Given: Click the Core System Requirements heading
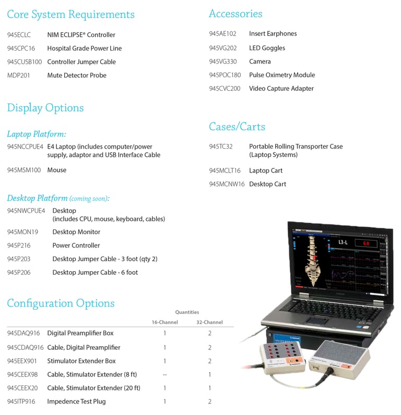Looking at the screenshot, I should click(70, 15).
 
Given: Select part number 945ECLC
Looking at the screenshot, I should click(19, 35).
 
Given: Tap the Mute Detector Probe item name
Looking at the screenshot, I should click(77, 76).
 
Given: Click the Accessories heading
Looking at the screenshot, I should click(235, 14).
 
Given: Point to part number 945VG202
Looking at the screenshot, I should click(223, 48).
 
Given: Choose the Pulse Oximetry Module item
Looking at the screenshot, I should click(282, 75).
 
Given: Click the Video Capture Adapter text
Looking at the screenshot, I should click(281, 89).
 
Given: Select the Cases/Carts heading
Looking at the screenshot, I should click(237, 127).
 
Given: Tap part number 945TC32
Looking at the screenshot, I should click(221, 147).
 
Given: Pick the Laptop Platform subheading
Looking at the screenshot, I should click(37, 135).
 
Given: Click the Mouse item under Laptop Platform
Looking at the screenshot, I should click(57, 170).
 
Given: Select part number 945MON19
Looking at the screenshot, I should click(22, 232).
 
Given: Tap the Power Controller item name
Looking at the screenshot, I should click(76, 246).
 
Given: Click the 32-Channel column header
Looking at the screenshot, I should click(209, 322).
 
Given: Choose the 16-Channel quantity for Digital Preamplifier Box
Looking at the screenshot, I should click(164, 333).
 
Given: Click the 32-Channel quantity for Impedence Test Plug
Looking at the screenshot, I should click(209, 402).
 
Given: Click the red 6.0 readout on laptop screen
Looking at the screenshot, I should click(366, 243).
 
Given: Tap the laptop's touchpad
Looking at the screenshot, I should click(315, 319).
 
